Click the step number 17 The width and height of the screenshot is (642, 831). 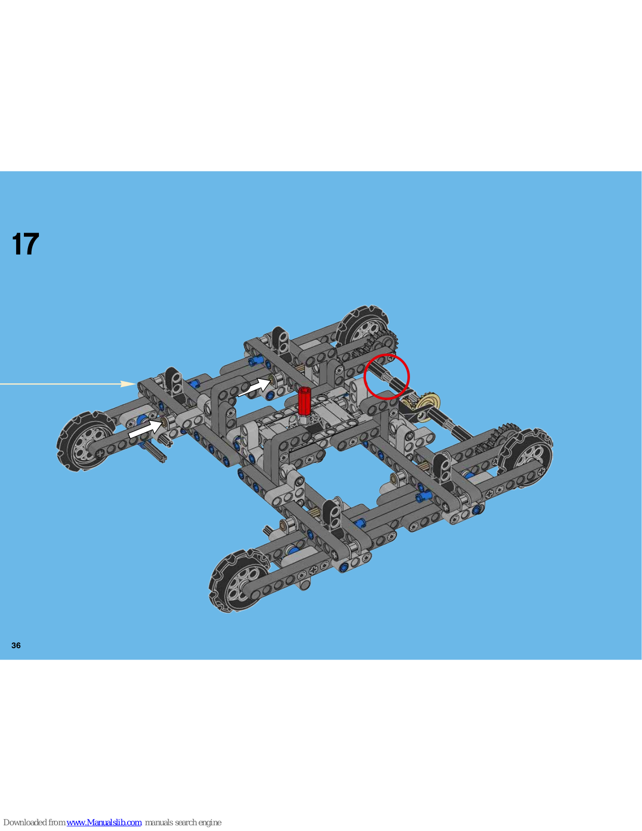click(x=25, y=244)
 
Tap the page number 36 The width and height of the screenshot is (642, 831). click(x=16, y=645)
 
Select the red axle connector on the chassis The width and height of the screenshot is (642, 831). click(x=304, y=401)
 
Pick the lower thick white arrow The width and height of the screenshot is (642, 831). click(x=146, y=428)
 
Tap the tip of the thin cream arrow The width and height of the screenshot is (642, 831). click(x=136, y=384)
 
